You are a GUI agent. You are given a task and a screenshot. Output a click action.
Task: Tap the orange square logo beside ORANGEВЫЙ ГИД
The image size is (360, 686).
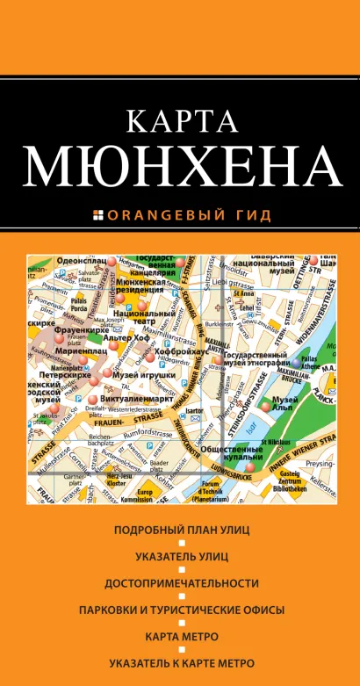[97, 213]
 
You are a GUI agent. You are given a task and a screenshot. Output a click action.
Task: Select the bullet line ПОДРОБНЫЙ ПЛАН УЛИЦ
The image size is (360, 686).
[182, 530]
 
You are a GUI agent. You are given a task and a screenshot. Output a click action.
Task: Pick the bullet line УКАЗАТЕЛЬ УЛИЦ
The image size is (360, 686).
[182, 556]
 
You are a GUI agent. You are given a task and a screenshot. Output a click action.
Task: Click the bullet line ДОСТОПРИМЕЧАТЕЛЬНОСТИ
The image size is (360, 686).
[182, 582]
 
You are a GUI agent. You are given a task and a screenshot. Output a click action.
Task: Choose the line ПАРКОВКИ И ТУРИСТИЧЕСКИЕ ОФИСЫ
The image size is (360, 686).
[182, 609]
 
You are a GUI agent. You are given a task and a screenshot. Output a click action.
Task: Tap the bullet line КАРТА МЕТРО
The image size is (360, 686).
[182, 635]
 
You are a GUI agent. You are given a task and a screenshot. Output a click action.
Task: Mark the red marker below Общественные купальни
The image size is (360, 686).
[250, 467]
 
